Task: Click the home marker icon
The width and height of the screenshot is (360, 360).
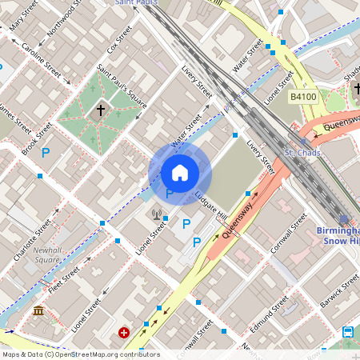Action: pyautogui.click(x=180, y=172)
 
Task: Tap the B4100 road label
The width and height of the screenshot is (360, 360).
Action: pyautogui.click(x=303, y=97)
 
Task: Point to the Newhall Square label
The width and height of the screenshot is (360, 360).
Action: pyautogui.click(x=47, y=254)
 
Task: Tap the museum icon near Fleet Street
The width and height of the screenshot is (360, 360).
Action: pyautogui.click(x=38, y=310)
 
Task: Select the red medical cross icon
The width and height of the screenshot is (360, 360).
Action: pyautogui.click(x=124, y=332)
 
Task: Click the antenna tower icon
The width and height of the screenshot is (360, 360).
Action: pyautogui.click(x=157, y=215)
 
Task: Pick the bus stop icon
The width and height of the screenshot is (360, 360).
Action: pyautogui.click(x=348, y=332)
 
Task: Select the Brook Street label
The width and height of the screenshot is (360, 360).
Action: pyautogui.click(x=38, y=138)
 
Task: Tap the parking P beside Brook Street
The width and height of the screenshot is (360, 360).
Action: pyautogui.click(x=46, y=152)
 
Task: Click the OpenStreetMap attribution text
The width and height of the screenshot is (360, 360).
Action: pyautogui.click(x=80, y=354)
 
